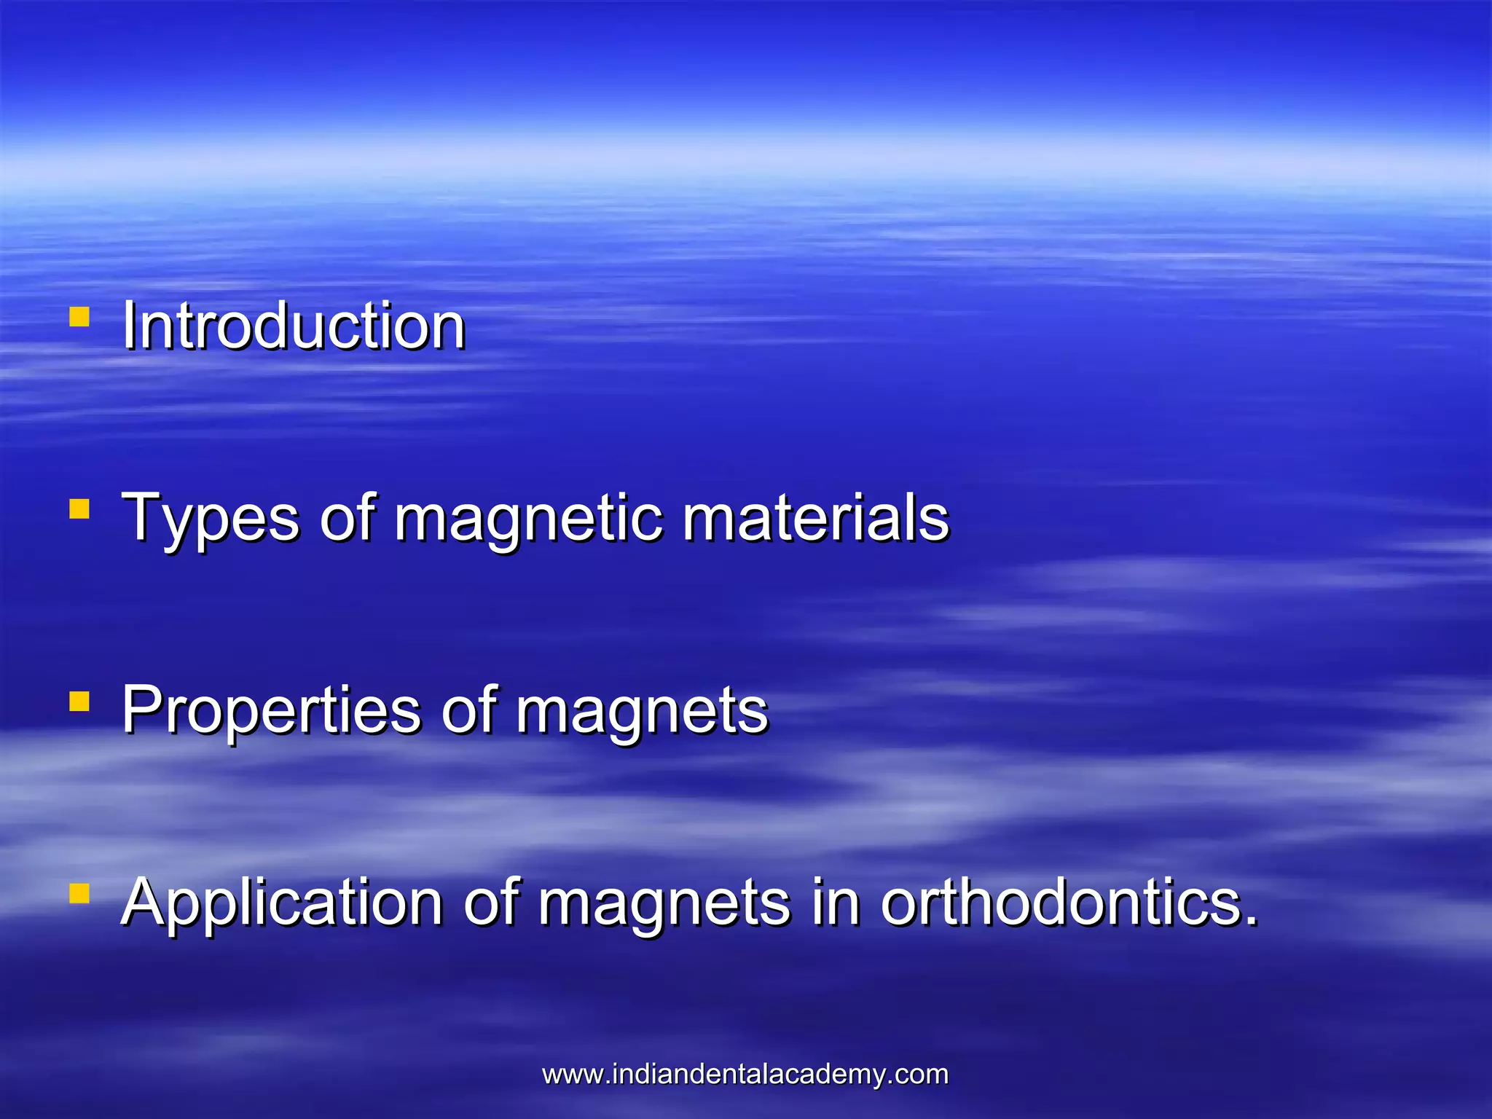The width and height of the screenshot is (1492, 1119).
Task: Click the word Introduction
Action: [293, 326]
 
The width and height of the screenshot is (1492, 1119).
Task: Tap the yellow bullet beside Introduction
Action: [79, 317]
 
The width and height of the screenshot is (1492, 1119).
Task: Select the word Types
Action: [210, 519]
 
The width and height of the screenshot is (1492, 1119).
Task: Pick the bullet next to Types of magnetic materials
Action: [79, 509]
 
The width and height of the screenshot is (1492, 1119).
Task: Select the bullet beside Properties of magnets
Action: [79, 702]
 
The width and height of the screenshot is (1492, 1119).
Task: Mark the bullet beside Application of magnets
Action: [79, 893]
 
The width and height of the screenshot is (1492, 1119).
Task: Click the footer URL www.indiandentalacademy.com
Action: [745, 1074]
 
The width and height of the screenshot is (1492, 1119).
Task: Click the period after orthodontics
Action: [1252, 921]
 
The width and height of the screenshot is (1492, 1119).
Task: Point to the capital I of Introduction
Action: [129, 326]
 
